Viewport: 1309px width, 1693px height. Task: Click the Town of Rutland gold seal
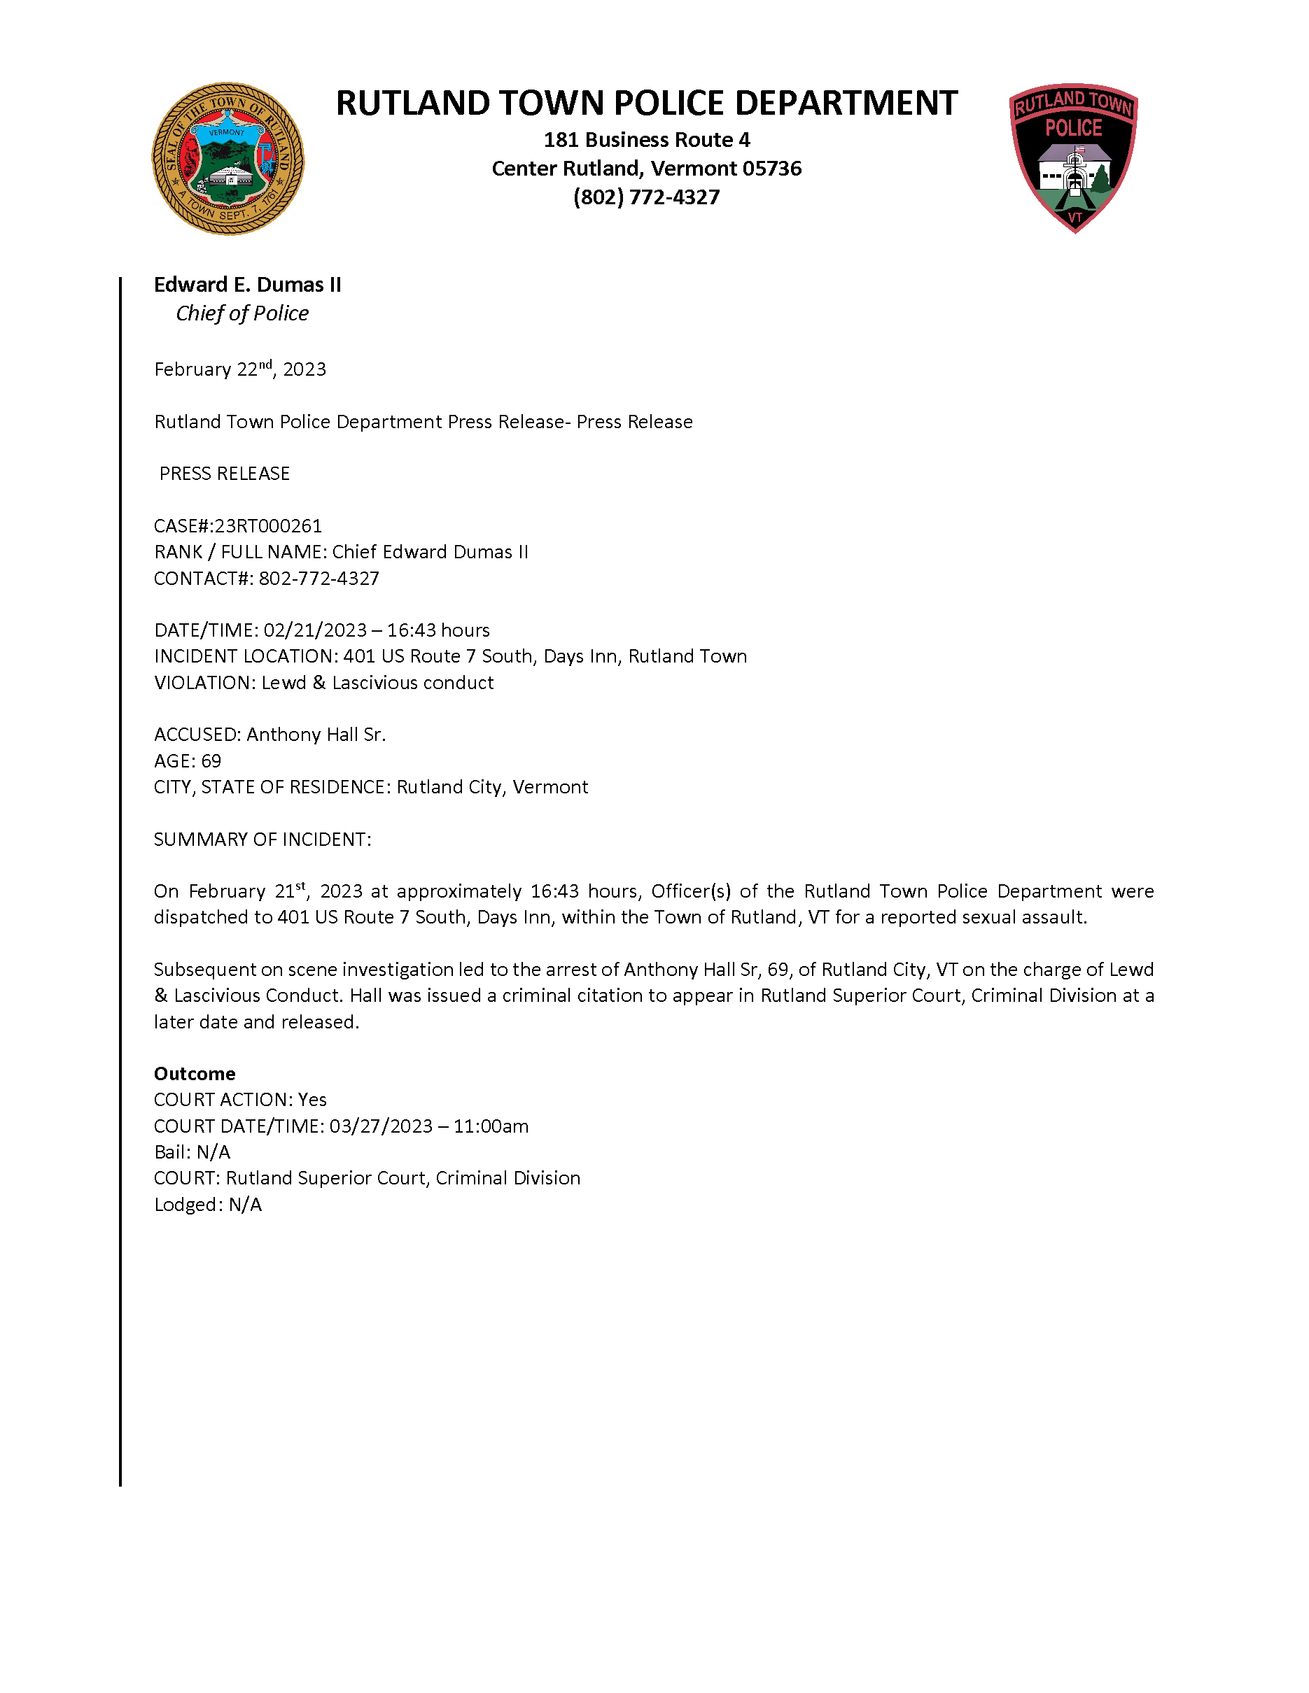(x=227, y=159)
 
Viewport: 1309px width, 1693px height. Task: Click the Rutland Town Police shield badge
(x=1073, y=157)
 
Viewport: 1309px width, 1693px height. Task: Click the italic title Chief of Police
(x=242, y=313)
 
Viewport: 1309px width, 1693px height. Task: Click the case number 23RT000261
(x=267, y=525)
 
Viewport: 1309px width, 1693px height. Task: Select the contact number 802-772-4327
(x=318, y=579)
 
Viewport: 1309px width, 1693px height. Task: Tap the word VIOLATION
(x=204, y=682)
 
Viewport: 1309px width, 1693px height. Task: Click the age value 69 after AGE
(x=211, y=760)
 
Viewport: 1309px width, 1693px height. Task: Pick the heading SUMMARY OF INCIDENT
(x=262, y=840)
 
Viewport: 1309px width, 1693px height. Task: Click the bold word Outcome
(x=195, y=1074)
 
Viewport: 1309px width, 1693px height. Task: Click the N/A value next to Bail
(x=213, y=1152)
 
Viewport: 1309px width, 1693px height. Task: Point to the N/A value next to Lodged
(x=245, y=1205)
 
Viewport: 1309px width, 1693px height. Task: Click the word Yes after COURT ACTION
(x=312, y=1099)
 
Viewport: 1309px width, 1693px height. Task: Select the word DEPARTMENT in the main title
(x=846, y=103)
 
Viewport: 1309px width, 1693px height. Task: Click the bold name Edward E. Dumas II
(x=247, y=285)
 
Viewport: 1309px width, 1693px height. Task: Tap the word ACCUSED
(x=196, y=734)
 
